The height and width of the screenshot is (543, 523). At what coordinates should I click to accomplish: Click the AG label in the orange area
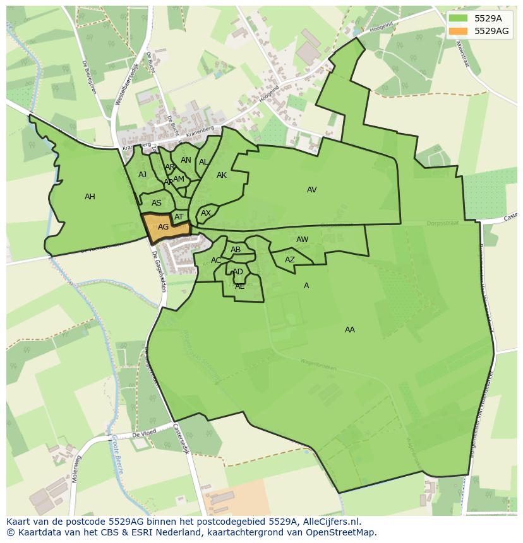click(x=163, y=227)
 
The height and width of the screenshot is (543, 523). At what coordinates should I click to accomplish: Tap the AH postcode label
click(x=90, y=197)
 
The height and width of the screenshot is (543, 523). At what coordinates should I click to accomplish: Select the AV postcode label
click(x=311, y=190)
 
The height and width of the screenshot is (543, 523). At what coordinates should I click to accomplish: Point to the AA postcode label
click(x=349, y=330)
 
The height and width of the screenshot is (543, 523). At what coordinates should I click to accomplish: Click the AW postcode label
click(x=302, y=240)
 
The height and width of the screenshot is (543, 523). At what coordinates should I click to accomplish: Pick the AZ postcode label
click(x=289, y=260)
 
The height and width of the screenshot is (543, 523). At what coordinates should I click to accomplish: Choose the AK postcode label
click(x=221, y=175)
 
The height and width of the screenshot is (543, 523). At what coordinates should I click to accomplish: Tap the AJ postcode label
click(x=142, y=175)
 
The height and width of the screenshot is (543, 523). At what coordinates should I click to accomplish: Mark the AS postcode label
click(x=156, y=203)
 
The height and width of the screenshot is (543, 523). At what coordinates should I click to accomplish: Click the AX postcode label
click(x=205, y=213)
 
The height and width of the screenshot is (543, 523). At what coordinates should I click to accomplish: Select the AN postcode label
click(x=186, y=160)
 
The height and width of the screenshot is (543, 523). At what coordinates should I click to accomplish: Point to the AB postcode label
click(x=236, y=250)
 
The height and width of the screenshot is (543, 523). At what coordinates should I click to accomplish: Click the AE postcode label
click(x=239, y=286)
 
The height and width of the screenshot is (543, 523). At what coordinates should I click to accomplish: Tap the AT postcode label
click(x=179, y=217)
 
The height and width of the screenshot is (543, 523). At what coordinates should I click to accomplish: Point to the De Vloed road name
click(x=143, y=435)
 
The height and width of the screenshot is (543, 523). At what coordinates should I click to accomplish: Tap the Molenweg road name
click(x=77, y=469)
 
